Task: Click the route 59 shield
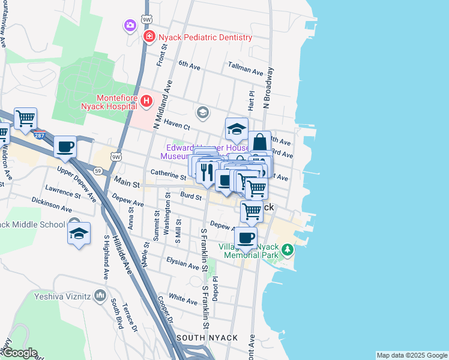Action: click(98, 170)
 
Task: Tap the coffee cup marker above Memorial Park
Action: click(245, 237)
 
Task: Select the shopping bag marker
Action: click(259, 143)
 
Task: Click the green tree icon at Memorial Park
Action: click(288, 248)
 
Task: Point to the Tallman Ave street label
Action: click(246, 71)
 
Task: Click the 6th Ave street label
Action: click(188, 65)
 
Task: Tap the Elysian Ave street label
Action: click(184, 265)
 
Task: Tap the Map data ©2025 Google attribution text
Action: click(412, 355)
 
